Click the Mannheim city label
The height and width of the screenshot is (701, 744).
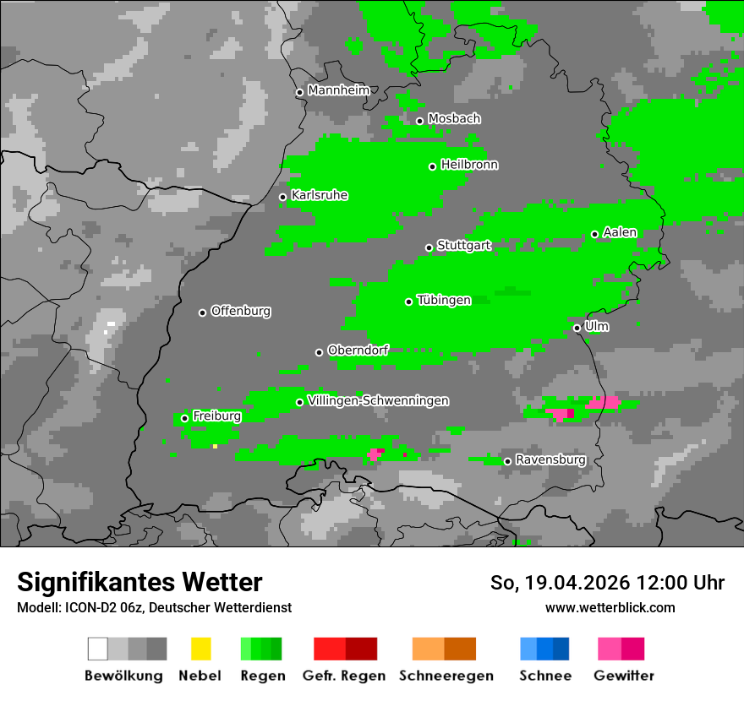click(x=339, y=90)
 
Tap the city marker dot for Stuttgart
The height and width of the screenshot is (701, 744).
click(x=429, y=247)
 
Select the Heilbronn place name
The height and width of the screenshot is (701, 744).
click(x=469, y=165)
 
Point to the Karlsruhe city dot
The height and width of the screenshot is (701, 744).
click(x=282, y=197)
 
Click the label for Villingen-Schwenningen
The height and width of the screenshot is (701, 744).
click(x=378, y=400)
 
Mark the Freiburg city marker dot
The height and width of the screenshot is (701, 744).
click(x=184, y=418)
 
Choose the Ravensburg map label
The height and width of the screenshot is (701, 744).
click(x=550, y=459)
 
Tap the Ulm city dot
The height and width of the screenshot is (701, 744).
click(x=577, y=328)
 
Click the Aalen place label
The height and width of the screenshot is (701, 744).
click(x=620, y=232)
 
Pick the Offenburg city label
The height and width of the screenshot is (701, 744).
click(x=240, y=311)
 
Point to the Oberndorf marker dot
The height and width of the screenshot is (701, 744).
click(x=319, y=352)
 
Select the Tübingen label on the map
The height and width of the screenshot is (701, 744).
click(x=444, y=300)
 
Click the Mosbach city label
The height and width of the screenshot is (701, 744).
click(x=454, y=119)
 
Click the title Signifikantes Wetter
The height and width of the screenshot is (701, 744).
click(x=139, y=582)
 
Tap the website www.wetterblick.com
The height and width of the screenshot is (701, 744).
click(x=610, y=607)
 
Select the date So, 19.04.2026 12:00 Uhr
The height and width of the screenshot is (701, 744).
click(x=607, y=583)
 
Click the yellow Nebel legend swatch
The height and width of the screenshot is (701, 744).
click(x=200, y=649)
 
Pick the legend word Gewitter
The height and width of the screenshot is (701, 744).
click(x=623, y=676)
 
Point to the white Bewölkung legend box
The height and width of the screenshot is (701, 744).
click(x=97, y=649)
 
